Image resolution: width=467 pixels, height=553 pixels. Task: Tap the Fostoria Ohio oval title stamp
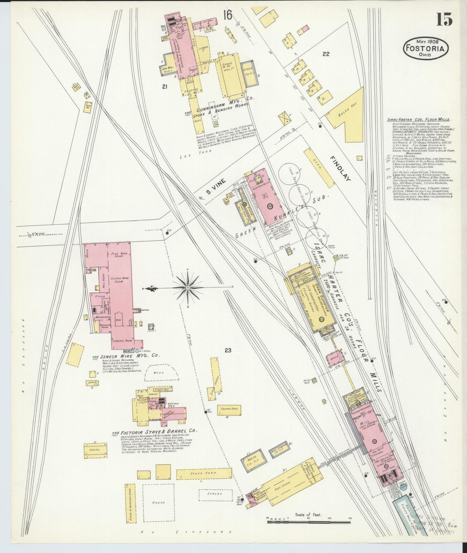pos(425,48)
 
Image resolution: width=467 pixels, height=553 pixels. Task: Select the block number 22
pos(326,54)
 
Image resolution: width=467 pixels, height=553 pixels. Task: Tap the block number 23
pos(228,350)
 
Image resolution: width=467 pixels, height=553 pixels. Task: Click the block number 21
pos(165,86)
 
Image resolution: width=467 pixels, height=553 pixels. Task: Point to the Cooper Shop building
pos(229,409)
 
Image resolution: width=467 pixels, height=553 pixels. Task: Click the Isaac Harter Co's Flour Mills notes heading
pos(419,120)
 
